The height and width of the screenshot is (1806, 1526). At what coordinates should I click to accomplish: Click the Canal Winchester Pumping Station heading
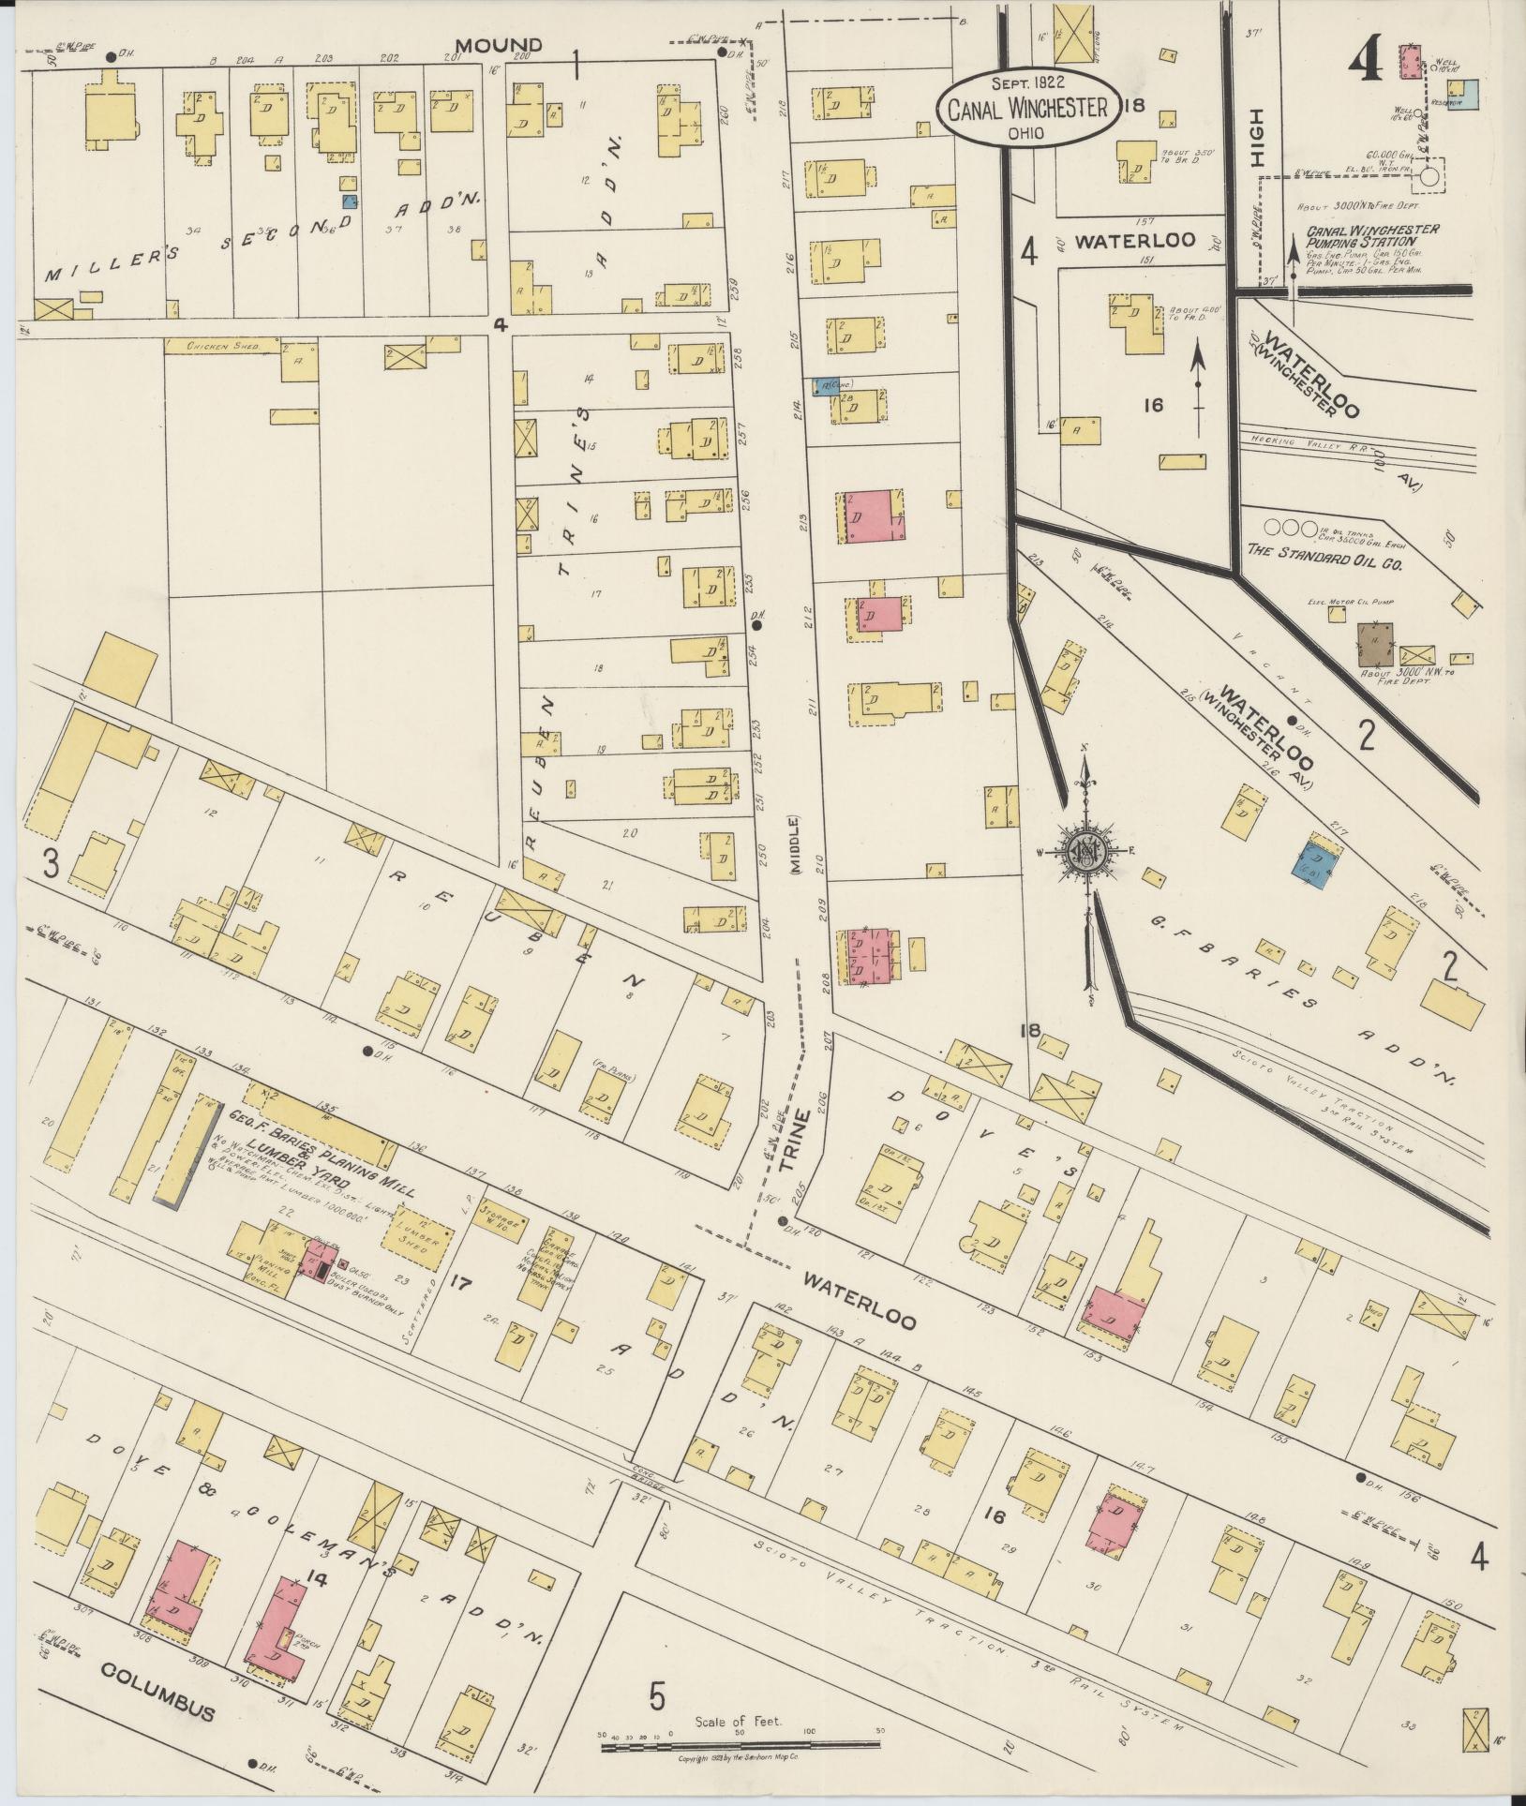click(x=1370, y=234)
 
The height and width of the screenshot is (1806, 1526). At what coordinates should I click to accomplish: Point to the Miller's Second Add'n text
click(x=262, y=237)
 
